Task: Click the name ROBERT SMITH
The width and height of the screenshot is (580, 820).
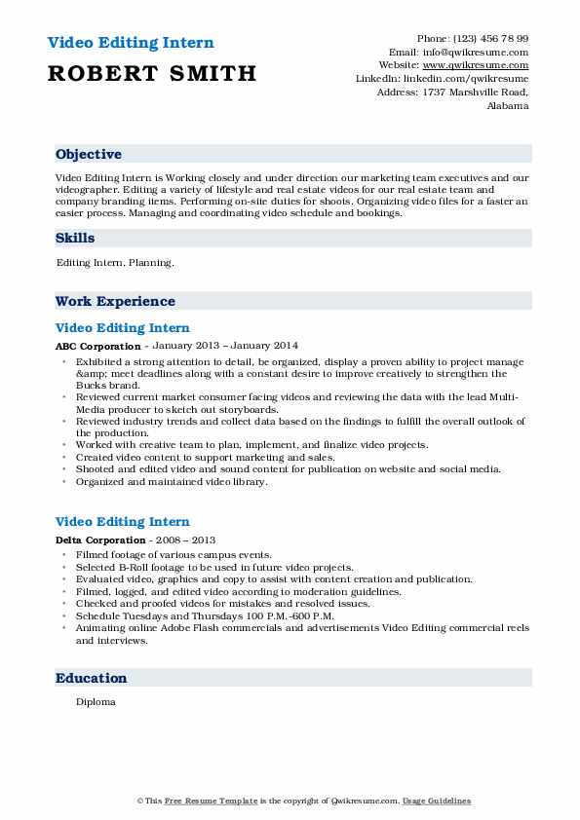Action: pyautogui.click(x=151, y=73)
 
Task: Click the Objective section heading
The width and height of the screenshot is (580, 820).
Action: pyautogui.click(x=89, y=155)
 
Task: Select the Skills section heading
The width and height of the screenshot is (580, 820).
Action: pyautogui.click(x=75, y=239)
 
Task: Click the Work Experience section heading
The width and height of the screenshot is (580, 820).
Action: pyautogui.click(x=115, y=302)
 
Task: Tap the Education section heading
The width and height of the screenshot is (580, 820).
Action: pyautogui.click(x=91, y=679)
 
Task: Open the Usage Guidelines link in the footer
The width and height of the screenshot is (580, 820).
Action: pyautogui.click(x=437, y=801)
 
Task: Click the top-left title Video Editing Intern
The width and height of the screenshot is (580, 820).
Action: pyautogui.click(x=130, y=44)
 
